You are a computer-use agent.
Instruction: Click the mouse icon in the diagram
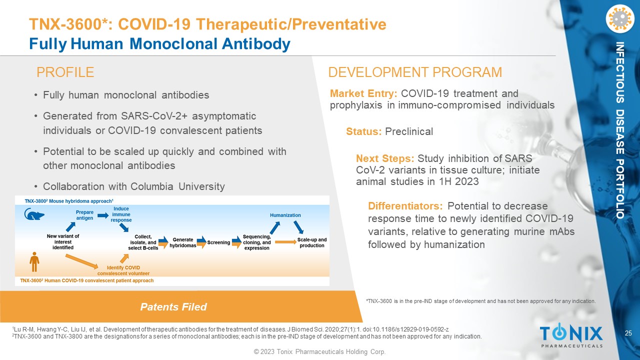pos(34,214)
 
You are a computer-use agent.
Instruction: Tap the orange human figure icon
pos(34,261)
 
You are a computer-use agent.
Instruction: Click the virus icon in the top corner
pos(619,18)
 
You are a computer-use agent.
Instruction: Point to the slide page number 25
pos(628,333)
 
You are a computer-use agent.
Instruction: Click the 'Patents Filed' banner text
pos(173,307)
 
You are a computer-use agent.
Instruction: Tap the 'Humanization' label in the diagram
pos(285,215)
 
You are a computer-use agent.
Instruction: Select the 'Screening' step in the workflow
pos(218,242)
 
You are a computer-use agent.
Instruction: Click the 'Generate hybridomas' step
pos(183,242)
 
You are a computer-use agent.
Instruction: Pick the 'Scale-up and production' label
pos(311,242)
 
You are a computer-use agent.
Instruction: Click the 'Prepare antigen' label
pos(84,215)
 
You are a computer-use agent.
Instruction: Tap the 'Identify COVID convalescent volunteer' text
pos(123,270)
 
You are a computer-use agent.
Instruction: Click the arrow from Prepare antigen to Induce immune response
pos(103,215)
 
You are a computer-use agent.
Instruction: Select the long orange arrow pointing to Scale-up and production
pos(285,242)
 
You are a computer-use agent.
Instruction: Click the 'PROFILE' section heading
pos(65,72)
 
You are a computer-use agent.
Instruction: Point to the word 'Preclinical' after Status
pos(409,131)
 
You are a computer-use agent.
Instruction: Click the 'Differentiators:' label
pos(405,205)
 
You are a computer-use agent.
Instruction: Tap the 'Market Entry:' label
pos(363,93)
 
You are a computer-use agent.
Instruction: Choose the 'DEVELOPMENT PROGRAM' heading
pos(415,72)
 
